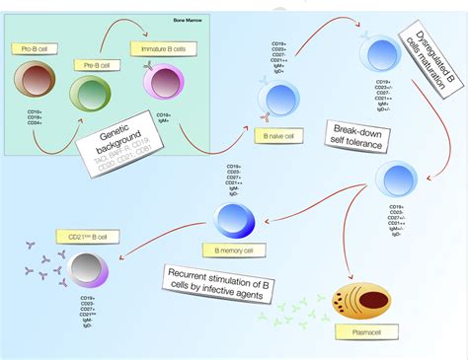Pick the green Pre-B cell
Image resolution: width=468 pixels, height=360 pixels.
tap(91, 96)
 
